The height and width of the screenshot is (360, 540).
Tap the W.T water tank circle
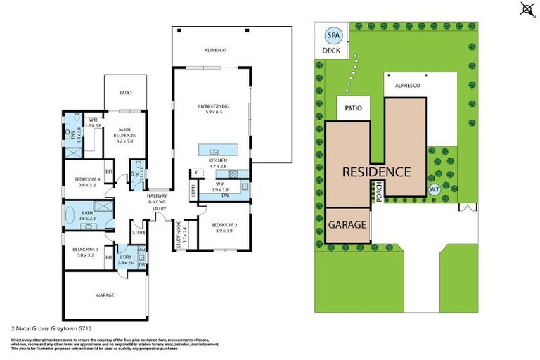434,189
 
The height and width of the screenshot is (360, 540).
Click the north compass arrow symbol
526,8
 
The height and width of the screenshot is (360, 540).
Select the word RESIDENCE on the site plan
376,172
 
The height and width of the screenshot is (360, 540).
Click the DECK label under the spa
330,51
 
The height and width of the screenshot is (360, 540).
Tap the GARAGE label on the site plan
347,225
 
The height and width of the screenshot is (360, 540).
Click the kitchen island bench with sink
217,151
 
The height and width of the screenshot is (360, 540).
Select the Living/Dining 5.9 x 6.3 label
213,109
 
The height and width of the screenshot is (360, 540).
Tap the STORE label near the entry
139,232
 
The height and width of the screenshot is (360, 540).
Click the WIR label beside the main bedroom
93,121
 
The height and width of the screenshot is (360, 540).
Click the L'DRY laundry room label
127,258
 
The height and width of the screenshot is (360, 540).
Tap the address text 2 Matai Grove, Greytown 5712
51,328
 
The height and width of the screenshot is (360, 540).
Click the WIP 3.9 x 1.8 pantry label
220,188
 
